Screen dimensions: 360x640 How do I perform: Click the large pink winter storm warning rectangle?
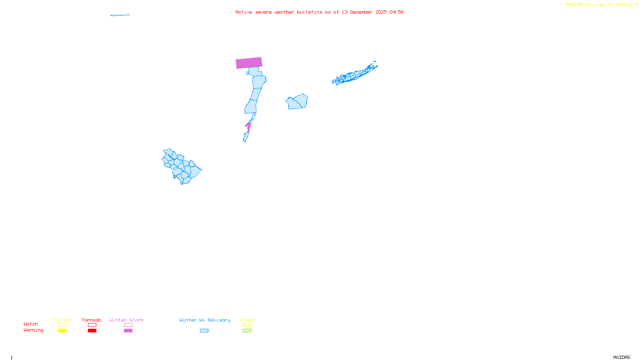tap(249, 63)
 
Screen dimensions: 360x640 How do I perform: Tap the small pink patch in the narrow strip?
tap(248, 127)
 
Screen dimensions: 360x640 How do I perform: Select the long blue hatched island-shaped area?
tap(354, 74)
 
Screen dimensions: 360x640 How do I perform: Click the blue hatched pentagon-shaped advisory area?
tap(297, 102)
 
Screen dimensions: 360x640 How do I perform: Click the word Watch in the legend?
tap(31, 324)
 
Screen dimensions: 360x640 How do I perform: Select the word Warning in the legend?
tap(33, 330)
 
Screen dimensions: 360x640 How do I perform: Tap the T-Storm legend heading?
tap(62, 320)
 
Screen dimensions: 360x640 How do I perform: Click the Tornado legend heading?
tap(92, 320)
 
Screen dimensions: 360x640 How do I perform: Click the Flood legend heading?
tap(247, 320)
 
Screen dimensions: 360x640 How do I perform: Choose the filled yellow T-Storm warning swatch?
tap(62, 331)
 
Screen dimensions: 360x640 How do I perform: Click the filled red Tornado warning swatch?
tap(92, 331)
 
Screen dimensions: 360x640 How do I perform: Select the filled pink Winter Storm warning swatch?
tap(128, 331)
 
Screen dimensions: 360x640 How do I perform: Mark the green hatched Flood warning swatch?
tap(247, 331)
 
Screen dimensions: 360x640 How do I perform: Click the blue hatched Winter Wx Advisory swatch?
tap(204, 331)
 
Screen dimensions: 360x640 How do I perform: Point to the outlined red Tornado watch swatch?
tap(92, 325)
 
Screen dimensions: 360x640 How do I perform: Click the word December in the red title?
tap(361, 12)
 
